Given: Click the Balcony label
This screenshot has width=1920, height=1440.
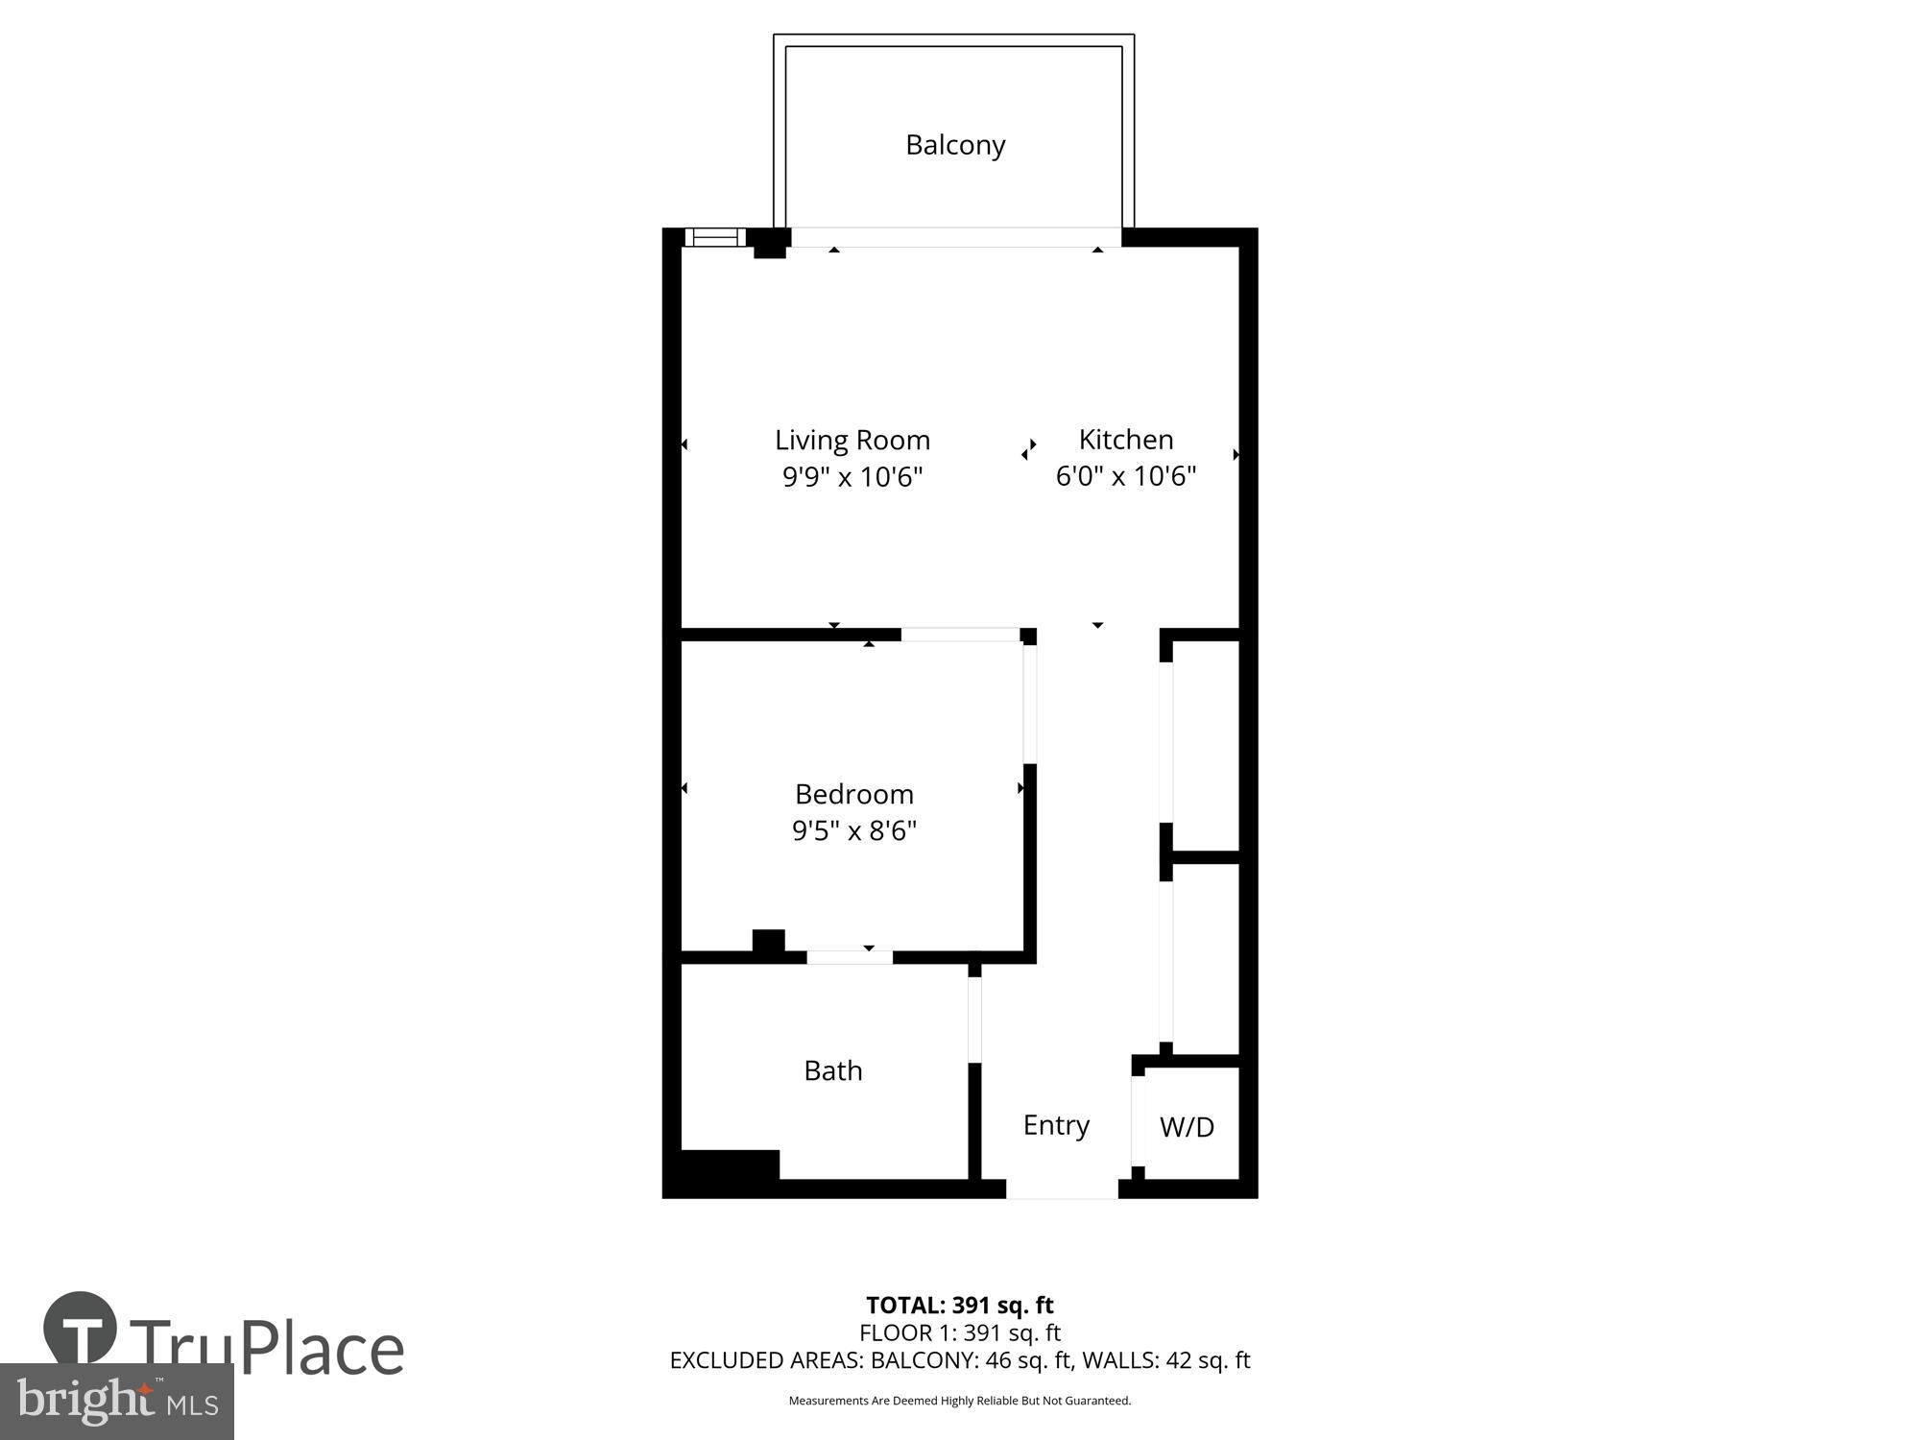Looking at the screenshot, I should pos(955,145).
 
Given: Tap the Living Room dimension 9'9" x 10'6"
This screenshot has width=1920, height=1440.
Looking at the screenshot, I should pos(852,476).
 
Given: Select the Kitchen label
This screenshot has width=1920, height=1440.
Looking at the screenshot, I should pos(1126,440).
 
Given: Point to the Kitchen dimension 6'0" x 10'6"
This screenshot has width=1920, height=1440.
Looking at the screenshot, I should pos(1126,476).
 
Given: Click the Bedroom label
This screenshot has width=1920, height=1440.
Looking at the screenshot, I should pos(853,794).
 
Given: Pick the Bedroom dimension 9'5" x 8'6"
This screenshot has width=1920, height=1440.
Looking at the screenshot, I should pos(853,830).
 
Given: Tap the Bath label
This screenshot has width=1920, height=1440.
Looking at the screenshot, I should pos(833,1070).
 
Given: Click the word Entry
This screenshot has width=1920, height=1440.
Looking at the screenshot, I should pos(1056,1125).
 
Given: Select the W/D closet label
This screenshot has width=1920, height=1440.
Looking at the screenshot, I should pos(1187,1127).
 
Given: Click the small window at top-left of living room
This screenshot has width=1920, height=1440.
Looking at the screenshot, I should pos(715,237).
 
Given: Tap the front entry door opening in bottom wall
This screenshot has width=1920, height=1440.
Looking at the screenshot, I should pos(1062,1190).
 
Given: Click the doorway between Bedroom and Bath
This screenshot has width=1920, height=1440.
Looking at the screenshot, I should pos(850,957).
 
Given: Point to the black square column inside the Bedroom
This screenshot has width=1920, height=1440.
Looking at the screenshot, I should pos(768,941).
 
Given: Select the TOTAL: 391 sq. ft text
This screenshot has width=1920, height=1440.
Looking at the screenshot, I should pos(959,1306).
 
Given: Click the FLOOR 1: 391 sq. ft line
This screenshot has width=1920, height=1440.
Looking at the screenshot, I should pos(959,1332).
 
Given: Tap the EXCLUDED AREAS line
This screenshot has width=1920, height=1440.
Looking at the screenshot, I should pos(959,1360).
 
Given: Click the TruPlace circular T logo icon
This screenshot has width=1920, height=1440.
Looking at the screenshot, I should pos(81,1329).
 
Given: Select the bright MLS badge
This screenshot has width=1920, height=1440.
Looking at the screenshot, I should pos(116,1402).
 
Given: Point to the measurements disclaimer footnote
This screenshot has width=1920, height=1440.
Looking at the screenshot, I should pos(959,1401).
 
